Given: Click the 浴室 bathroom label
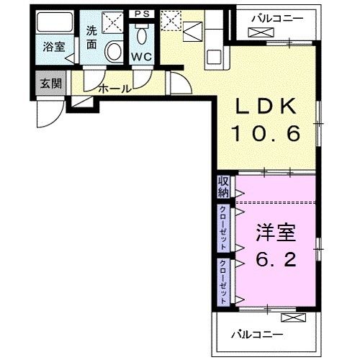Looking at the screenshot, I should coord(53,48).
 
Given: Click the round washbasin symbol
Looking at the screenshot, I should coord(114,50).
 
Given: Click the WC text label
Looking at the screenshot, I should coord(140,57).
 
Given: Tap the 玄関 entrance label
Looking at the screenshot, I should coord(50,83).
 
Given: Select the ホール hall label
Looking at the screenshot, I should coord(114,89).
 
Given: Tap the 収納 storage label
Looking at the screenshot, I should coord(223,186).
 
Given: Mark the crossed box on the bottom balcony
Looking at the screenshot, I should coord(289,318).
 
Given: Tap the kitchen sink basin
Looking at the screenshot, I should coord(194,32).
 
